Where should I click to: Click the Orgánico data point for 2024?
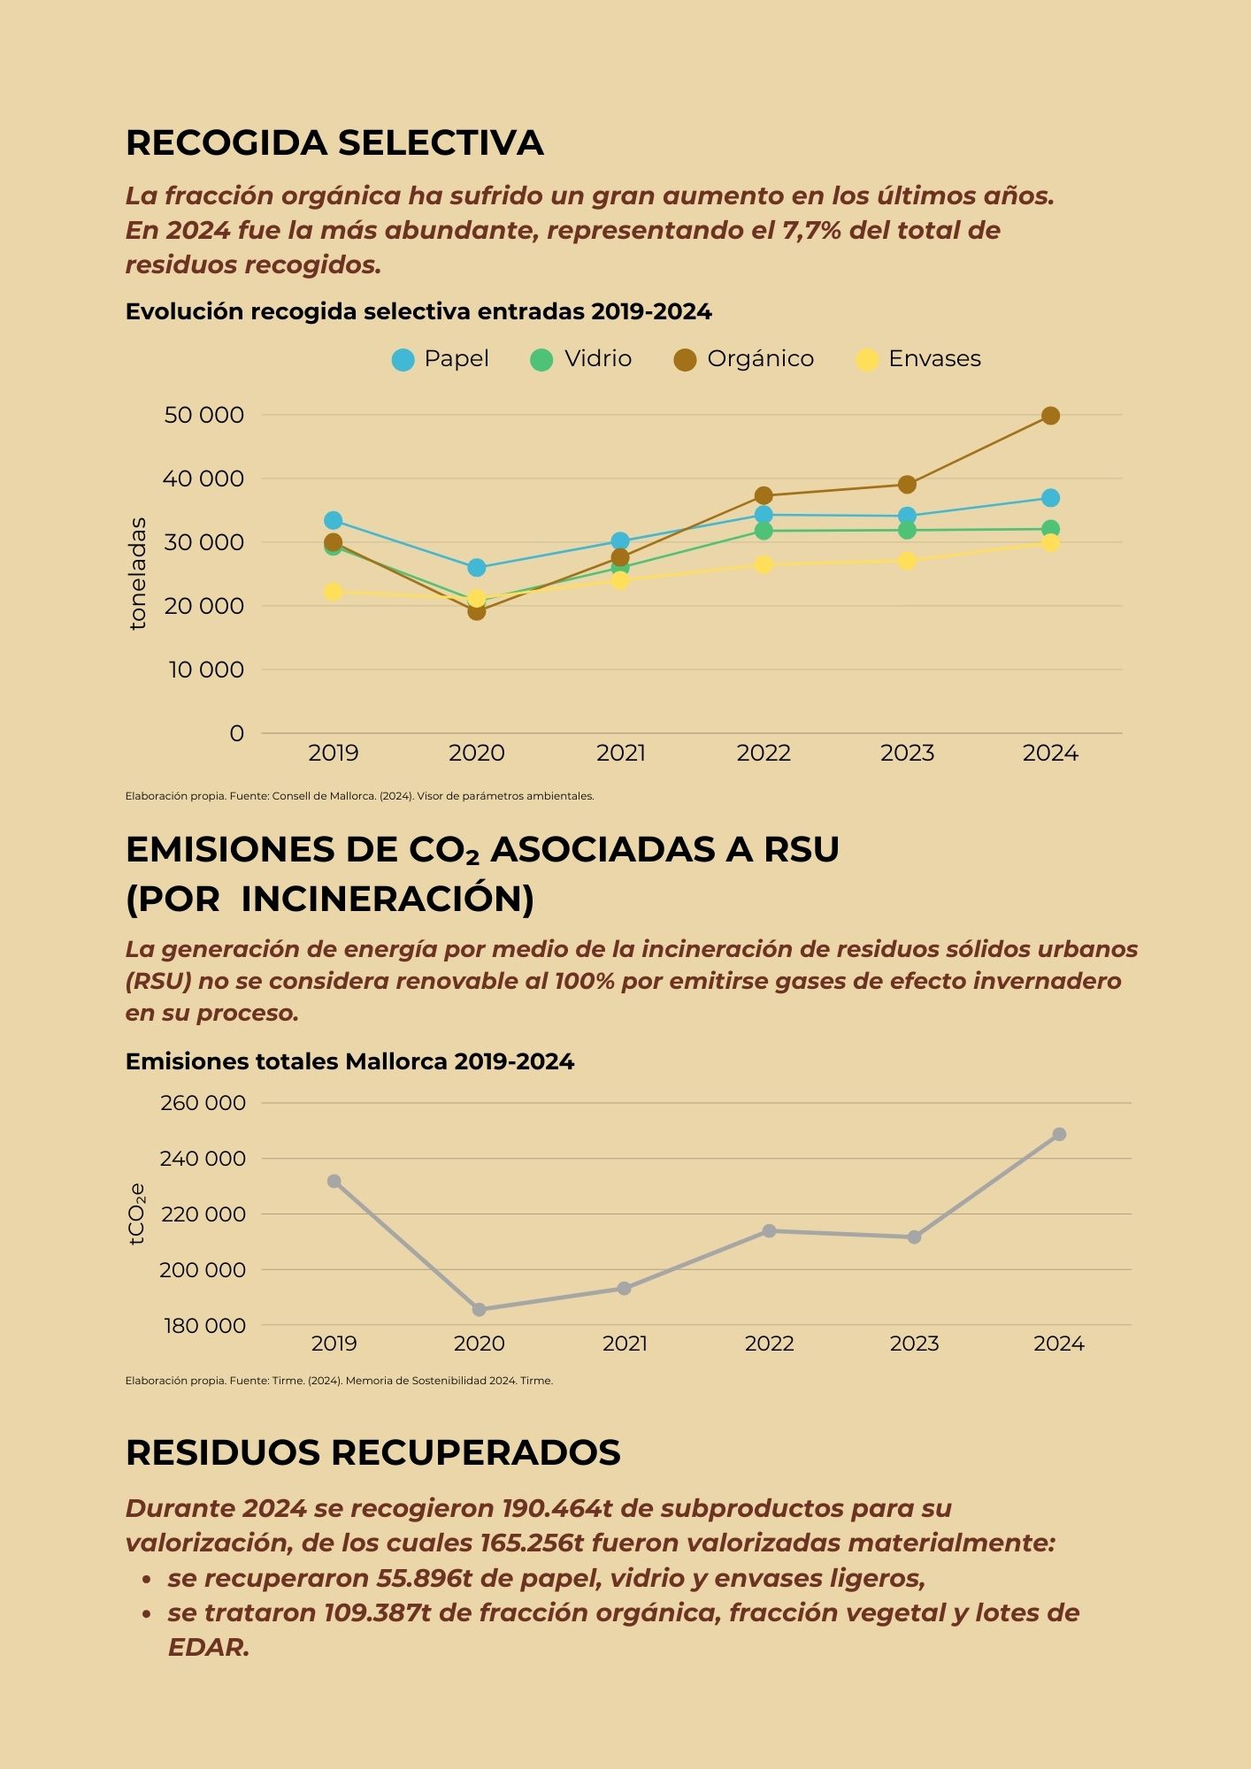pyautogui.click(x=1050, y=416)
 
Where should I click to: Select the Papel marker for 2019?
pyautogui.click(x=333, y=520)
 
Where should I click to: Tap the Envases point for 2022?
pyautogui.click(x=764, y=564)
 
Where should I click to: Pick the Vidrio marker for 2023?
pyautogui.click(x=907, y=530)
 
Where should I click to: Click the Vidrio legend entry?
pyautogui.click(x=580, y=359)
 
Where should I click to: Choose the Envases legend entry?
pyautogui.click(x=918, y=359)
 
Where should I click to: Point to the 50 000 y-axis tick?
pyautogui.click(x=203, y=415)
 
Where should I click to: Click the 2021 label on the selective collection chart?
pyautogui.click(x=620, y=754)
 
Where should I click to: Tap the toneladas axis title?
pyautogui.click(x=137, y=573)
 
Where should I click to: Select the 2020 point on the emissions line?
pyautogui.click(x=479, y=1309)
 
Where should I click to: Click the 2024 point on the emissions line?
pyautogui.click(x=1059, y=1134)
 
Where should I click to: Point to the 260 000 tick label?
pyautogui.click(x=203, y=1103)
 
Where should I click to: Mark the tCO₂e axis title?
pyautogui.click(x=137, y=1214)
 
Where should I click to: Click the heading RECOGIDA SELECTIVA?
pyautogui.click(x=334, y=143)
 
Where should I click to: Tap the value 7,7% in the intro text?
pyautogui.click(x=811, y=231)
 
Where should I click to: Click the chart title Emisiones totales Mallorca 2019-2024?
pyautogui.click(x=349, y=1061)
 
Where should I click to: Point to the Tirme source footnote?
pyautogui.click(x=339, y=1381)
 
